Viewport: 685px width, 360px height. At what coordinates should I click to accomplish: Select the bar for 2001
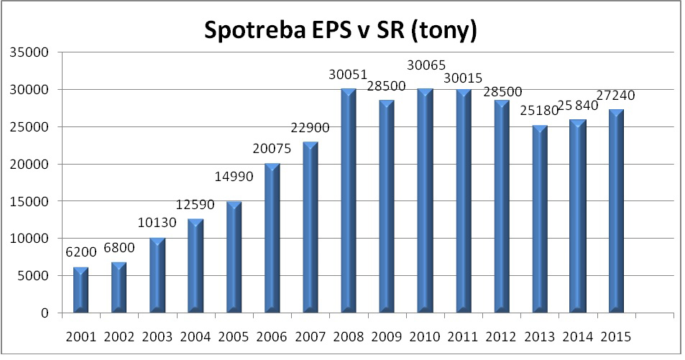tap(81, 290)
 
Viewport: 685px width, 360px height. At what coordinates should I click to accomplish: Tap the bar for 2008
tap(349, 201)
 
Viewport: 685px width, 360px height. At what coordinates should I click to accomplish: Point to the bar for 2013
tap(540, 219)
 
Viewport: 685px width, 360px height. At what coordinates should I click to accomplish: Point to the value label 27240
tap(615, 96)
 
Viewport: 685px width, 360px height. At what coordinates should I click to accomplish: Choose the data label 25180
tap(538, 112)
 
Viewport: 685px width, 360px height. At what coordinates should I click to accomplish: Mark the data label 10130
tap(157, 224)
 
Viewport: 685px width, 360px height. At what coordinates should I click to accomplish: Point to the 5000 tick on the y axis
tap(33, 276)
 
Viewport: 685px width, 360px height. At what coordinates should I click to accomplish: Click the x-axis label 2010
tap(425, 336)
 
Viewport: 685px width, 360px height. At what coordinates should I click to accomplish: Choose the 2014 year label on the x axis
tap(577, 336)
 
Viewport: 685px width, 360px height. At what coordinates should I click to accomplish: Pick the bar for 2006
tap(272, 238)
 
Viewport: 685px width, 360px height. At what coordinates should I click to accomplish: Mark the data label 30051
tap(348, 75)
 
